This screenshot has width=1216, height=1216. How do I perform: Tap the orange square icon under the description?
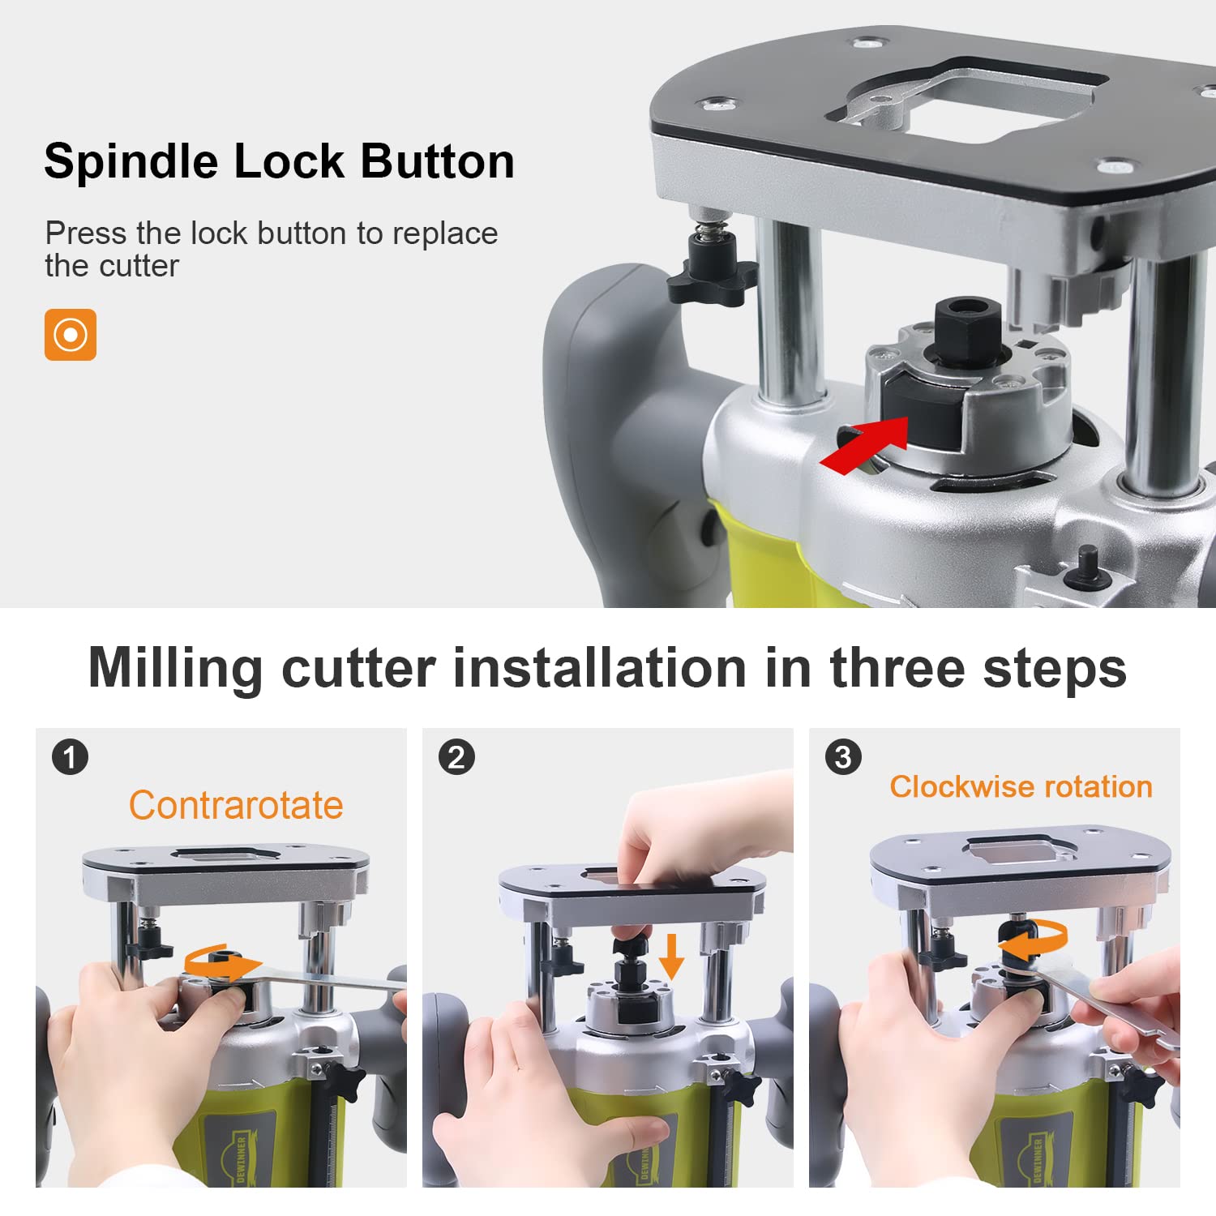coord(71,335)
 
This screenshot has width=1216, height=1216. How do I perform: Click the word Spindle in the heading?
coord(131,161)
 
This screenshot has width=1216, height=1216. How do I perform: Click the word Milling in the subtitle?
coord(175,669)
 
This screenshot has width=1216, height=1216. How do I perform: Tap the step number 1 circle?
coord(70,757)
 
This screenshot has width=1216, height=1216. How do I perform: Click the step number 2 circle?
coord(456,757)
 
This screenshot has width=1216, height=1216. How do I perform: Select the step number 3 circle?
coord(843,757)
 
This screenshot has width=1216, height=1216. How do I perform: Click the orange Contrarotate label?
coord(236,806)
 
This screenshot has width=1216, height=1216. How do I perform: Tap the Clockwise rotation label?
coord(1021,786)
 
